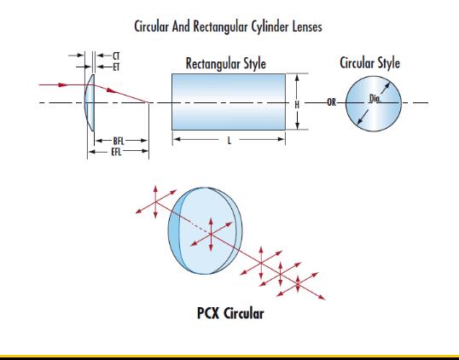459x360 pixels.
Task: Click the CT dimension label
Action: click(116, 55)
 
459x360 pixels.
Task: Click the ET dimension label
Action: click(116, 67)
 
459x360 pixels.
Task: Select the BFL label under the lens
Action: click(119, 141)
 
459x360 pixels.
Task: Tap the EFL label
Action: click(116, 152)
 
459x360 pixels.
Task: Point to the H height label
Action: click(297, 104)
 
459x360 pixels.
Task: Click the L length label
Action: click(229, 141)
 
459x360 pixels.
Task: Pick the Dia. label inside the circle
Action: click(375, 99)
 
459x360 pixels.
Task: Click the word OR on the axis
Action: click(331, 102)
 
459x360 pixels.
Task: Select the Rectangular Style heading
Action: click(226, 63)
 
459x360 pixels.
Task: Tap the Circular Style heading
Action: click(369, 62)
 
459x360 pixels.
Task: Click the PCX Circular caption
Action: click(230, 313)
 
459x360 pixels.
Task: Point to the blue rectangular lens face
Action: click(229, 102)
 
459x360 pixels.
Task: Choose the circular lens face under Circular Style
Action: click(374, 103)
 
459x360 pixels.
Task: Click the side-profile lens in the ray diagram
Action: click(90, 102)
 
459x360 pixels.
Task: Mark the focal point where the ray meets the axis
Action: click(148, 102)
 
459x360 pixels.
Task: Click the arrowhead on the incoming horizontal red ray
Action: click(63, 84)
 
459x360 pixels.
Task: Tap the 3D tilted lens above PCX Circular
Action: click(205, 230)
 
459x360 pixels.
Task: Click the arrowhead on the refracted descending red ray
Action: click(112, 90)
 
